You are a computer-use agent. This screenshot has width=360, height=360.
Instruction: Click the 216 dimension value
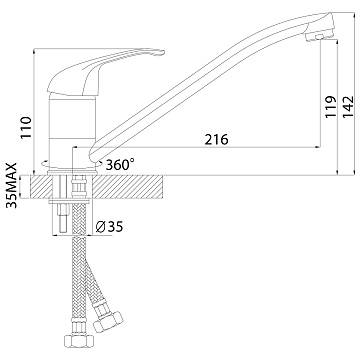click(216, 139)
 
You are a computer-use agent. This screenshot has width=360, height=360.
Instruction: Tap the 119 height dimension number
click(331, 106)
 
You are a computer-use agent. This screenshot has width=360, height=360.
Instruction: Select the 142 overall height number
click(348, 106)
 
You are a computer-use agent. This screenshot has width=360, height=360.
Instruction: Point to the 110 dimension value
click(26, 127)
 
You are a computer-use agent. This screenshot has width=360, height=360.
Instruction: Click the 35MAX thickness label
click(13, 185)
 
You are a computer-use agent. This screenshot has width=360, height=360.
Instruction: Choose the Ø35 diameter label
click(109, 227)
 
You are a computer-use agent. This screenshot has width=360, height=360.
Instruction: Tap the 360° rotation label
click(120, 164)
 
